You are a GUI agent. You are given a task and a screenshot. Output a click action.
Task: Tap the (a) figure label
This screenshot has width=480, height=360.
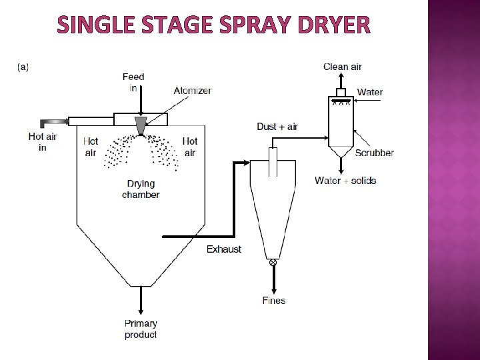tap(23, 67)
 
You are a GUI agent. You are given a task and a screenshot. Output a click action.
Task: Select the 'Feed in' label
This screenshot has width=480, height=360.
tap(133, 82)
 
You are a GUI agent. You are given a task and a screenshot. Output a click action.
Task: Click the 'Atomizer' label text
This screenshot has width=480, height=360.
tap(193, 91)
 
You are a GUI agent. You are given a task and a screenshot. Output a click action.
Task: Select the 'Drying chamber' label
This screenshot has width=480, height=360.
tap(141, 189)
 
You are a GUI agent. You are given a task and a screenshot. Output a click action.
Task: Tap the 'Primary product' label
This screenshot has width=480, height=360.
tap(141, 329)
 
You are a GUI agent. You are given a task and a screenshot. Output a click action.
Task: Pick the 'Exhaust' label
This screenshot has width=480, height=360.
tap(224, 249)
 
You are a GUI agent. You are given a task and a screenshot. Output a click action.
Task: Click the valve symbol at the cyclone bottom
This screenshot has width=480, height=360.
tap(272, 263)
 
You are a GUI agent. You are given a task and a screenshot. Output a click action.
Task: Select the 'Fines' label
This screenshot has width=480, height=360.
tap(273, 301)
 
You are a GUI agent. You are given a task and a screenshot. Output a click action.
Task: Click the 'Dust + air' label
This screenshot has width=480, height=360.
tap(277, 127)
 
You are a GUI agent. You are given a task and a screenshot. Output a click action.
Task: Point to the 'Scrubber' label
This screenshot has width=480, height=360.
tap(374, 153)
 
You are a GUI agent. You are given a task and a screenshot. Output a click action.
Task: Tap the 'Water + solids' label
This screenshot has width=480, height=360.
tap(345, 181)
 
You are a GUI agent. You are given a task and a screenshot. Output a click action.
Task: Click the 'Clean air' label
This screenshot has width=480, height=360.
tap(343, 67)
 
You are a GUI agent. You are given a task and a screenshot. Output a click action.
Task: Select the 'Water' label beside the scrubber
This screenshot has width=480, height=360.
tap(370, 92)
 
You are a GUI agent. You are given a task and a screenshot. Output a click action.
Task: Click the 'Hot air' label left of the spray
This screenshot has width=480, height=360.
tap(91, 147)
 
